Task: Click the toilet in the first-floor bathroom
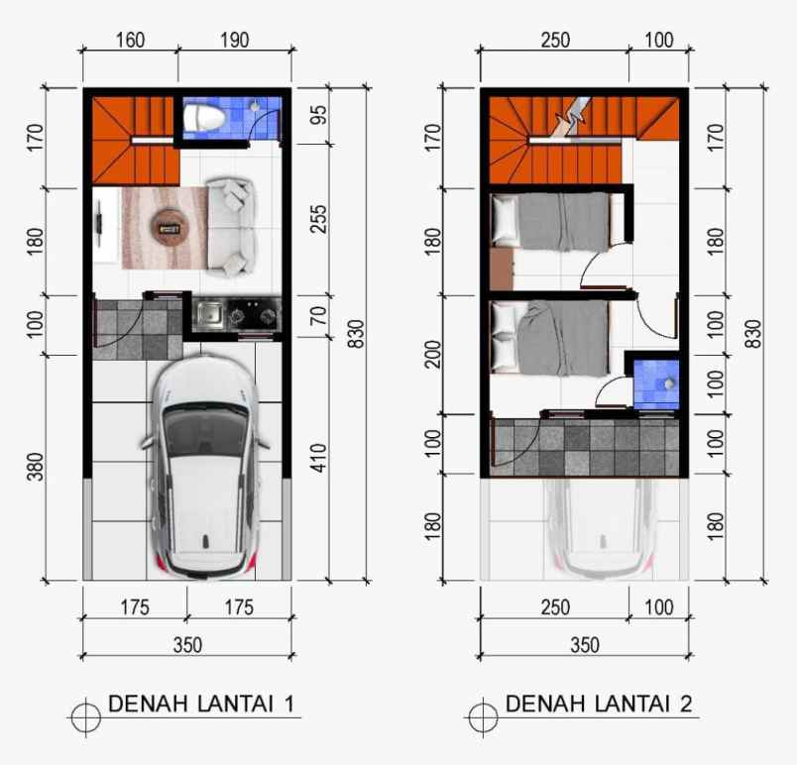click(206, 119)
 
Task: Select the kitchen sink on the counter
click(210, 315)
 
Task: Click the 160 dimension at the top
click(130, 41)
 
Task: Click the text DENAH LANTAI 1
click(200, 705)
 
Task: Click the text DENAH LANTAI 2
click(599, 705)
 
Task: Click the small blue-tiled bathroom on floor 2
click(655, 382)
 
